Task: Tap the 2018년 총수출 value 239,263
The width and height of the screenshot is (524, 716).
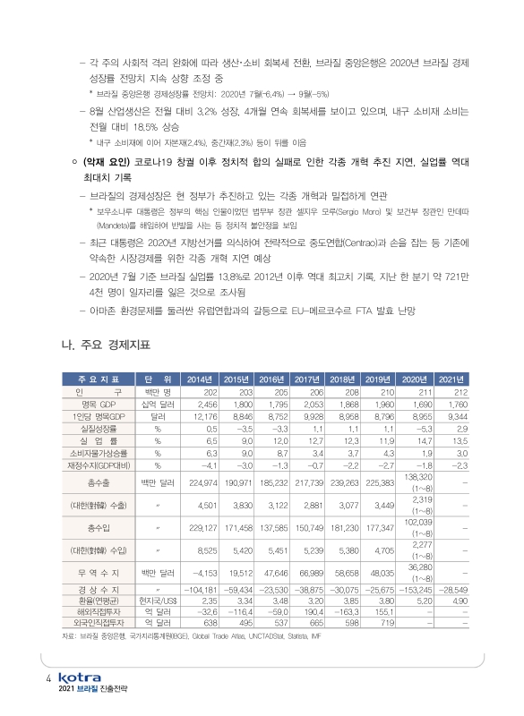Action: pyautogui.click(x=345, y=482)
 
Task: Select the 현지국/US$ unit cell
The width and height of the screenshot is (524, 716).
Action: pyautogui.click(x=157, y=602)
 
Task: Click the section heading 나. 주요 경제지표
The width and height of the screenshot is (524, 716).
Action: pyautogui.click(x=103, y=344)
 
